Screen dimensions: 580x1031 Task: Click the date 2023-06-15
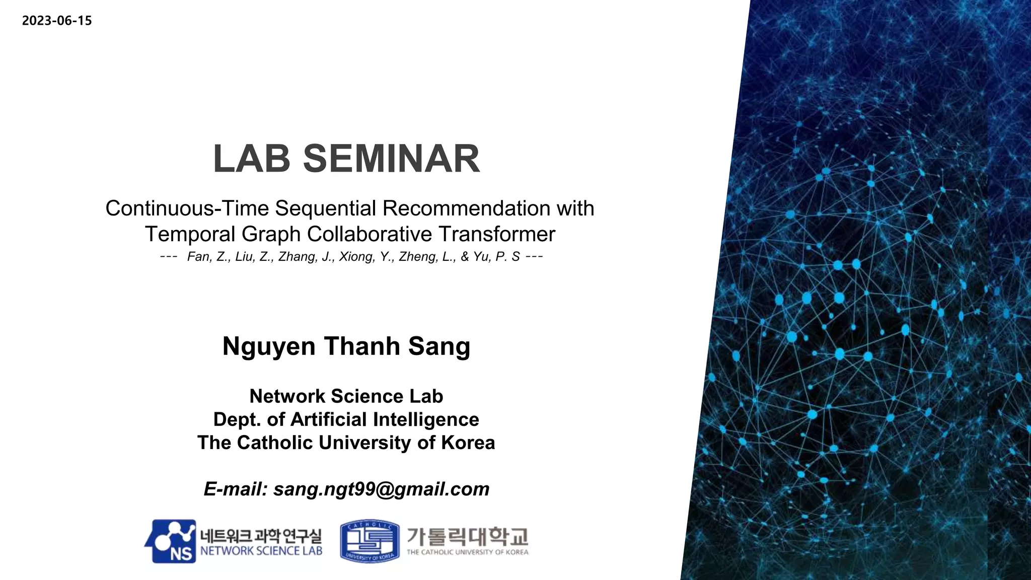[x=57, y=21]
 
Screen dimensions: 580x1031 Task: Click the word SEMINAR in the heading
[x=391, y=159]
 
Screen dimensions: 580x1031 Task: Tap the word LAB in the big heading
[x=252, y=159]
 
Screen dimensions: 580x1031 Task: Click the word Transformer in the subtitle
[x=496, y=234]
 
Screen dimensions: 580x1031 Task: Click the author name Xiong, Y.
[x=366, y=257]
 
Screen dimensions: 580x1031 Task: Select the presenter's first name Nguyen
[x=269, y=346]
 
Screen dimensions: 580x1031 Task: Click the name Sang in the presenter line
[x=439, y=346]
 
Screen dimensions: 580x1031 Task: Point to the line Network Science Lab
[x=346, y=396]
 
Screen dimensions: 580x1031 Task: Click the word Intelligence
[x=426, y=419]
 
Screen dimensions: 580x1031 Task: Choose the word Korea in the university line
[x=468, y=443]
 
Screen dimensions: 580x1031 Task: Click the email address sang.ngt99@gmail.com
[x=381, y=489]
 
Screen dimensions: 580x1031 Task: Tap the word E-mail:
[x=235, y=489]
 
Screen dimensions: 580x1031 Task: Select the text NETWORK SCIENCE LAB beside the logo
[x=261, y=551]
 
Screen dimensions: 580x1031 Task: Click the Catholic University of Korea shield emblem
[x=370, y=541]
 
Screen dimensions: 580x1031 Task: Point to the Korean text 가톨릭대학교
[x=467, y=537]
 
